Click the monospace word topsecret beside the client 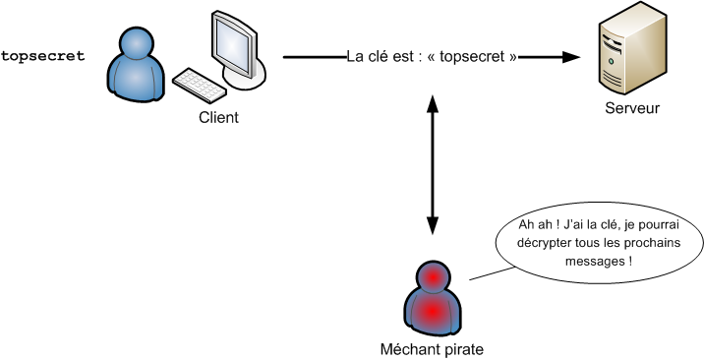pyautogui.click(x=42, y=57)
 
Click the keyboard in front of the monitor pyautogui.click(x=200, y=85)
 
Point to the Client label pyautogui.click(x=218, y=118)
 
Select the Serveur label pyautogui.click(x=632, y=108)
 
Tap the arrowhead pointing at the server pyautogui.click(x=570, y=57)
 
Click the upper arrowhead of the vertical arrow pyautogui.click(x=432, y=99)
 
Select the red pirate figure pyautogui.click(x=432, y=300)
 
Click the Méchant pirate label pyautogui.click(x=432, y=348)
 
